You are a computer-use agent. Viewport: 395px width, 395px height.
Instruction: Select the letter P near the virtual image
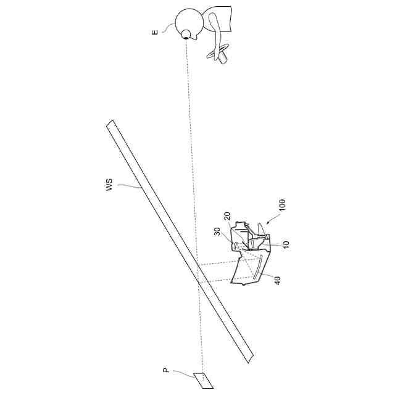point(165,370)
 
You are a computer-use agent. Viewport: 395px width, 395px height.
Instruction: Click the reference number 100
point(282,206)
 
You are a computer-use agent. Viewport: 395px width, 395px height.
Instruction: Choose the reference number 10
point(286,244)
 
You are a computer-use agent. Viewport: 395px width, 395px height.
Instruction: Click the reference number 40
point(277,279)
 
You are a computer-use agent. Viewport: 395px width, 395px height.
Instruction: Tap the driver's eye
point(185,38)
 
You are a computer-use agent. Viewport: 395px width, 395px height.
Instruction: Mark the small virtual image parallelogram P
point(202,380)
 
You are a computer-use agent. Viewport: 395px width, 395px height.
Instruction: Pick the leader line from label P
point(182,372)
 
